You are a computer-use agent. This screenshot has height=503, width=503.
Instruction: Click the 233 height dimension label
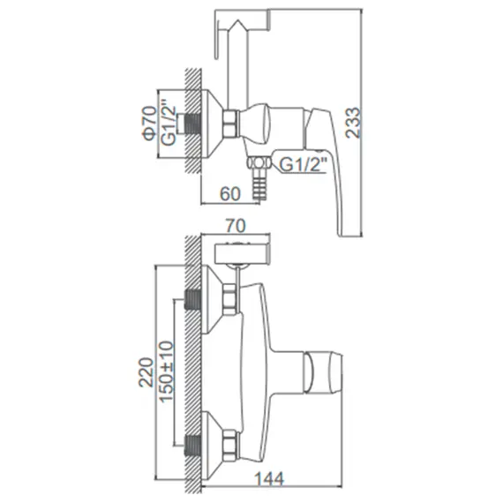(353, 123)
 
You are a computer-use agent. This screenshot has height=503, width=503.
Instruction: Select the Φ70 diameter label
(150, 123)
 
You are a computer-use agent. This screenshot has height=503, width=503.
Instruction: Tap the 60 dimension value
(230, 194)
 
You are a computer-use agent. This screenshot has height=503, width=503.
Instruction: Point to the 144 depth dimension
(269, 479)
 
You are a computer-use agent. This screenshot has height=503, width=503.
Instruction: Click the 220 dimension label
(146, 372)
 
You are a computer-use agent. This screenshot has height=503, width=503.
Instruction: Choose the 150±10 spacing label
(167, 372)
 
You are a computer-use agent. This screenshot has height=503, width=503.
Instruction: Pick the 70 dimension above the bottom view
(236, 226)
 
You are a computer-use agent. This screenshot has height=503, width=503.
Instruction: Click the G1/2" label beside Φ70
(169, 123)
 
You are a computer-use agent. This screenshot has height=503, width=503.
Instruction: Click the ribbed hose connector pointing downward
(256, 187)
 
